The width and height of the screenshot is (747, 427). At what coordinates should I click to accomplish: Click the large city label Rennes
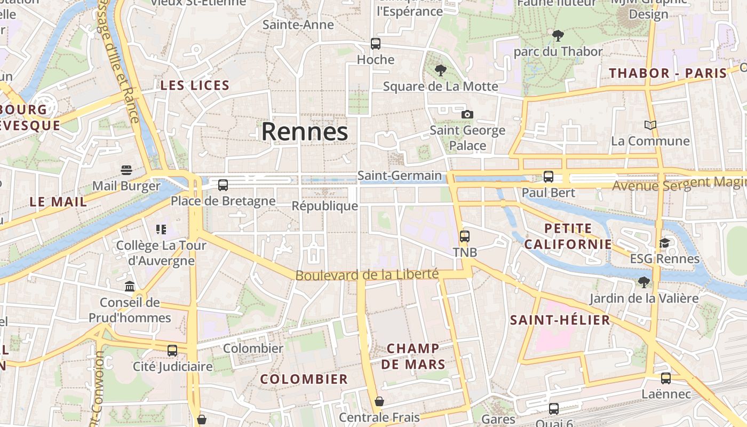coord(305,131)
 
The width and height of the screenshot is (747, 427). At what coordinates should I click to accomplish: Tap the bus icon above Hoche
coord(376,44)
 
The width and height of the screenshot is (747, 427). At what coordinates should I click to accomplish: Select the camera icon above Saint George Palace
coord(467,114)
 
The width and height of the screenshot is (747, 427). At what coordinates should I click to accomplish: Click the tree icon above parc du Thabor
coord(558,36)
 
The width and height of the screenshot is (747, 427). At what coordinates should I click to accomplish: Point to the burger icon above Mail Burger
coord(126,170)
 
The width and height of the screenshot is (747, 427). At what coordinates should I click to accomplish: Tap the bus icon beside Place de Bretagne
coord(223,185)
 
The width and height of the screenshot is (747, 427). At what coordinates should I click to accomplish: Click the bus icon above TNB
coord(465,236)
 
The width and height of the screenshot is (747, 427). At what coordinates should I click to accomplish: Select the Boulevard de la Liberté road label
coord(367,275)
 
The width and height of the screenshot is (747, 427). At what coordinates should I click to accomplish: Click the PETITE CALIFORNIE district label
coord(568,236)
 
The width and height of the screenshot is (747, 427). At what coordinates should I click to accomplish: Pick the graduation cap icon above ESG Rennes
coord(664,243)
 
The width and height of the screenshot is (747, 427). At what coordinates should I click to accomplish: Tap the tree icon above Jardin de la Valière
coord(644,282)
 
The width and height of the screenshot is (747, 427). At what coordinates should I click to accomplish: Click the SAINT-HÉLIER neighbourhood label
coord(560,320)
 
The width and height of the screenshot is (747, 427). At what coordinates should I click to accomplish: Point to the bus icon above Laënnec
coord(666,378)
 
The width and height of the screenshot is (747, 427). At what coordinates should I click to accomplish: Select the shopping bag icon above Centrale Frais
coord(379,401)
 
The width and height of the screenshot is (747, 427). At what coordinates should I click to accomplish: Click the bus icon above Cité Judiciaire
coord(172,351)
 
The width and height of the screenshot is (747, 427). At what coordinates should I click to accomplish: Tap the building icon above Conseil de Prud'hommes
coord(130,287)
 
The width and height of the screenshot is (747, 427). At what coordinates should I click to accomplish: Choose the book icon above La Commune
coord(650,125)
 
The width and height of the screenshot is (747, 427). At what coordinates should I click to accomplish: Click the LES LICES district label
coord(195,85)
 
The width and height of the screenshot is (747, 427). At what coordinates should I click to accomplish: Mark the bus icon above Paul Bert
coord(549,177)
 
